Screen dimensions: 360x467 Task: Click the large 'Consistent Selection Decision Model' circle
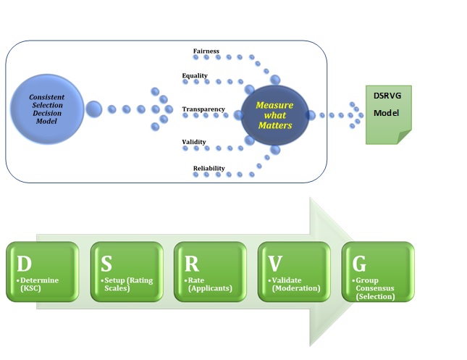48,109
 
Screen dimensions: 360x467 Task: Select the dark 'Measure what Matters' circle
275,114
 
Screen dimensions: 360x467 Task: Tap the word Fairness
206,51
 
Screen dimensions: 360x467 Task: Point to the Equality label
195,75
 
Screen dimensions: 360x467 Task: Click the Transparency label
203,109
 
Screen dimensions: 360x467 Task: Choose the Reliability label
209,169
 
